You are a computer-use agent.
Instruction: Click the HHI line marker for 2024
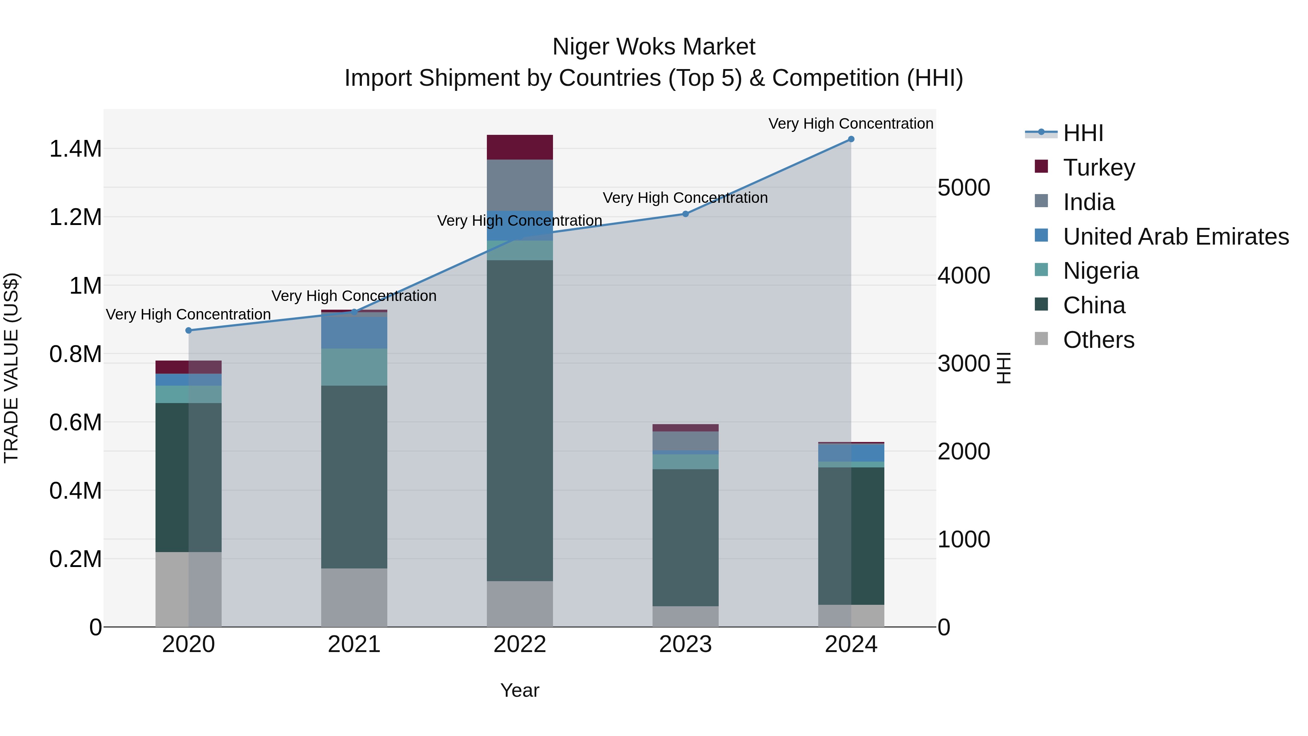pyautogui.click(x=851, y=139)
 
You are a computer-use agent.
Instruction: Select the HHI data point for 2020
pyautogui.click(x=188, y=331)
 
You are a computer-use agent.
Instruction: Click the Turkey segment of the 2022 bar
pyautogui.click(x=520, y=147)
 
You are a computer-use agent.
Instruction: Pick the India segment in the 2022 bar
pyautogui.click(x=520, y=185)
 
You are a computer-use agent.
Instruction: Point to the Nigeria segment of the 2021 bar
pyautogui.click(x=354, y=367)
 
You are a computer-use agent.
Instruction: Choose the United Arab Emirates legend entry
pyautogui.click(x=1175, y=237)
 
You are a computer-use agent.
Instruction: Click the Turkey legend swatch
pyautogui.click(x=1041, y=166)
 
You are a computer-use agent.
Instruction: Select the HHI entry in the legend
pyautogui.click(x=1083, y=133)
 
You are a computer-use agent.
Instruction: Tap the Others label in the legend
pyautogui.click(x=1098, y=340)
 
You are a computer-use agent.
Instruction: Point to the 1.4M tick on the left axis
pyautogui.click(x=75, y=149)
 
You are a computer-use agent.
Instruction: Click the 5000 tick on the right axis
pyautogui.click(x=963, y=188)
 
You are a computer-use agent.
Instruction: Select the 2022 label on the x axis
pyautogui.click(x=520, y=644)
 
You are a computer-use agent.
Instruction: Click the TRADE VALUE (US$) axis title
pyautogui.click(x=11, y=368)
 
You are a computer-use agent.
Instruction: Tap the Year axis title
pyautogui.click(x=520, y=690)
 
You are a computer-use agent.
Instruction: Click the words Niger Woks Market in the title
pyautogui.click(x=654, y=47)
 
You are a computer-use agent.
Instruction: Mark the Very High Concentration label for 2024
pyautogui.click(x=851, y=124)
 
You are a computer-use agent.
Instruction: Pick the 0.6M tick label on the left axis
pyautogui.click(x=75, y=423)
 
